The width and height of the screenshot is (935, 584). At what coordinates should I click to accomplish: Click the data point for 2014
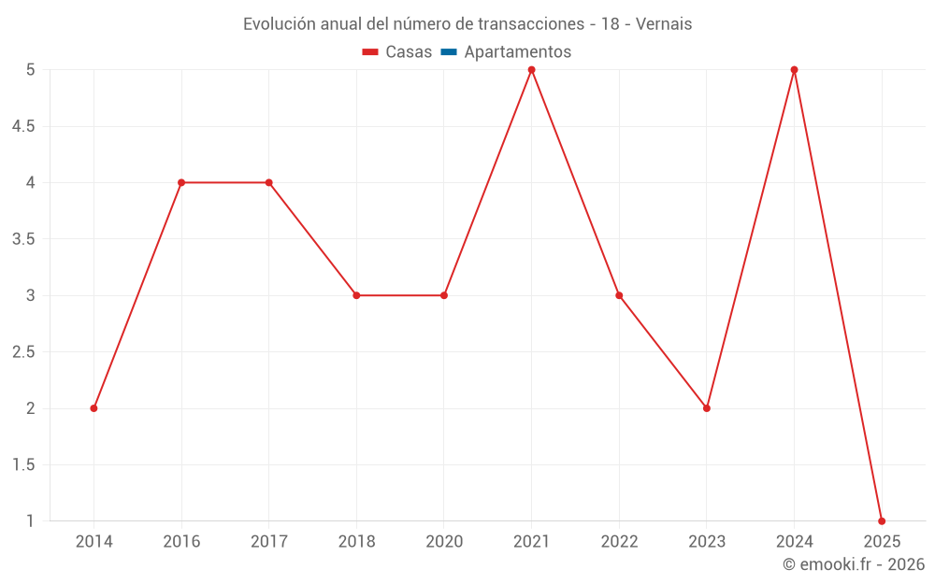coord(93,408)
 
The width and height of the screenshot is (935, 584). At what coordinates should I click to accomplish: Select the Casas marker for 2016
coord(181,182)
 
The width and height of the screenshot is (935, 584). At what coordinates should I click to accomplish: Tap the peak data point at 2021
coord(531,70)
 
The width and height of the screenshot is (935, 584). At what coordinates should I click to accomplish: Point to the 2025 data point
coord(882,520)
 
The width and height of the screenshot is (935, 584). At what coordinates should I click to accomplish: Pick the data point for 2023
coord(707,408)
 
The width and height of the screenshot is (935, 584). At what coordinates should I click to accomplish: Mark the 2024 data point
coord(794,70)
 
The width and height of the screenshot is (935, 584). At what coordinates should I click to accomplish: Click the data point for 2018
coord(356,295)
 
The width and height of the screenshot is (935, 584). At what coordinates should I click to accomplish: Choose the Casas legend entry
coord(397,52)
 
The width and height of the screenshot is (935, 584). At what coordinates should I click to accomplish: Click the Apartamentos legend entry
coord(517,52)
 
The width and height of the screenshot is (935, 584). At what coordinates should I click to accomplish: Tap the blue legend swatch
coord(448,52)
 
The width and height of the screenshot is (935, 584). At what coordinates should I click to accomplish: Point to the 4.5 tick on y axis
coord(23,126)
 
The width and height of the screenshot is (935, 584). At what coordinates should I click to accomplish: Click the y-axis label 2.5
coord(23,352)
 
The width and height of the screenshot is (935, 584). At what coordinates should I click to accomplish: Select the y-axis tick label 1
coord(30,520)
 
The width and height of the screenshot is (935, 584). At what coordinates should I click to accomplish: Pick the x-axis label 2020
coord(444,542)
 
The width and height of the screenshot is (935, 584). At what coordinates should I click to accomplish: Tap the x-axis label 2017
coord(269,542)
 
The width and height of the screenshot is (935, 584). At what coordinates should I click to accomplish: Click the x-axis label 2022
coord(619,542)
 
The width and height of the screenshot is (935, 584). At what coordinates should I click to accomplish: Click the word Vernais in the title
coord(664,24)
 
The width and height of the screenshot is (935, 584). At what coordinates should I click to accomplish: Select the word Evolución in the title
coord(279,24)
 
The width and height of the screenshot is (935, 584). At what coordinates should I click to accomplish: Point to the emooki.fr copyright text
coord(854,564)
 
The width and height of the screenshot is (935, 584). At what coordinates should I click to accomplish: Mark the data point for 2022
coord(619,295)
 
